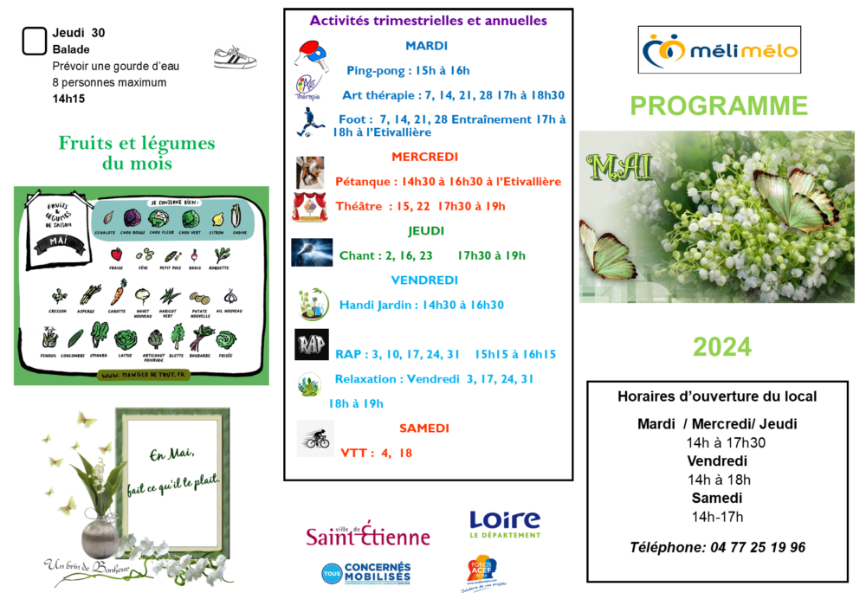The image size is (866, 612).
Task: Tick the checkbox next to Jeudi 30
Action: pyautogui.click(x=34, y=41)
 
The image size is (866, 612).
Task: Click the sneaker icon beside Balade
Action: pyautogui.click(x=235, y=58)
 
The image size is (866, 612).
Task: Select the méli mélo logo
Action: pyautogui.click(x=719, y=50)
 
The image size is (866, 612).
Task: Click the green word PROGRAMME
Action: pyautogui.click(x=718, y=106)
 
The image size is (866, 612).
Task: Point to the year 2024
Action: pyautogui.click(x=721, y=346)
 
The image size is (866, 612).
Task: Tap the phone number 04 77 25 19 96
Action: pyautogui.click(x=717, y=547)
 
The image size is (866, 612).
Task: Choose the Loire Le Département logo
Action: pyautogui.click(x=504, y=524)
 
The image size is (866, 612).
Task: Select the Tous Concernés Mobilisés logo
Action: pyautogui.click(x=366, y=572)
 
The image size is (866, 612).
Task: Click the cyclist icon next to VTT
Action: pyautogui.click(x=313, y=439)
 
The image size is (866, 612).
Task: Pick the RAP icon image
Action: pyautogui.click(x=312, y=345)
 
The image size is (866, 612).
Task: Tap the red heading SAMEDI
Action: pyautogui.click(x=423, y=428)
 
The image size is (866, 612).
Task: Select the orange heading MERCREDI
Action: pyautogui.click(x=424, y=157)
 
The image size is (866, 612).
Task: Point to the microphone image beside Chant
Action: pyautogui.click(x=312, y=252)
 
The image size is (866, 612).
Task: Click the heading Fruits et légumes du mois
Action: pyautogui.click(x=137, y=153)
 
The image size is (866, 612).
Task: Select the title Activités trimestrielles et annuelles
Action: pyautogui.click(x=429, y=20)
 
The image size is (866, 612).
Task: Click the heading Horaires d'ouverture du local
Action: pyautogui.click(x=717, y=396)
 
